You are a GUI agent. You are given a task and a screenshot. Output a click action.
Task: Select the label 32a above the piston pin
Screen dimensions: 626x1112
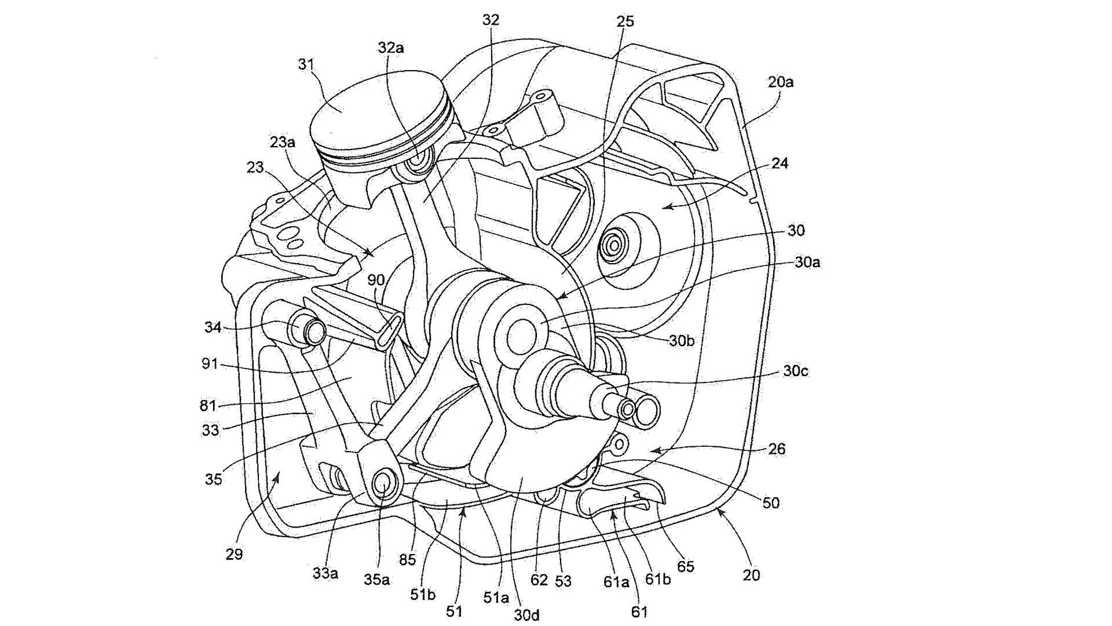391,48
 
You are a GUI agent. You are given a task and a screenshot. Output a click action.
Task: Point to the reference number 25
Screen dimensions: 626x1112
625,21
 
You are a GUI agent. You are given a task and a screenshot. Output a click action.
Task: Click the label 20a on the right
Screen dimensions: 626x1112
781,82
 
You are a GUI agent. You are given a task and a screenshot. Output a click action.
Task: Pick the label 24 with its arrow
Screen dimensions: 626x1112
780,163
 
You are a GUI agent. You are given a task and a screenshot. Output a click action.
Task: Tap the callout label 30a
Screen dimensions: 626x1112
807,263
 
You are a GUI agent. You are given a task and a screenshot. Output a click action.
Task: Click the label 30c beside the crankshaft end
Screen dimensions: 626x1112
795,371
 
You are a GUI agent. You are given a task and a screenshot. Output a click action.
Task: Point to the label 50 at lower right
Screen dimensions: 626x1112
771,503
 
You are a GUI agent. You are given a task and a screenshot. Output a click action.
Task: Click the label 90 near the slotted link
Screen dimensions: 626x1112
376,281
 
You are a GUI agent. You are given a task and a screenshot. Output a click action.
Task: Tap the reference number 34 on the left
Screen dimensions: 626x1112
213,327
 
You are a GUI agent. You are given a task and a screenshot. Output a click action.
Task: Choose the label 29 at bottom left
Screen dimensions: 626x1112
234,555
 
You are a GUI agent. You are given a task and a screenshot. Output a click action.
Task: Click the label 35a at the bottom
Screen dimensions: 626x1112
376,579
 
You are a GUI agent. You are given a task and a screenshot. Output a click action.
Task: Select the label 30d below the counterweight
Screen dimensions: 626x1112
526,614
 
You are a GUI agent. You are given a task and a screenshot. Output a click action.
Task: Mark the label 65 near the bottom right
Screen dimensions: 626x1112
685,566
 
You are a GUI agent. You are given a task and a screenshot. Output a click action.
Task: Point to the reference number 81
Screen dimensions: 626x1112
208,405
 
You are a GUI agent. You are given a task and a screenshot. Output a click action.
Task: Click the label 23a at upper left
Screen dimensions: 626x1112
282,142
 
